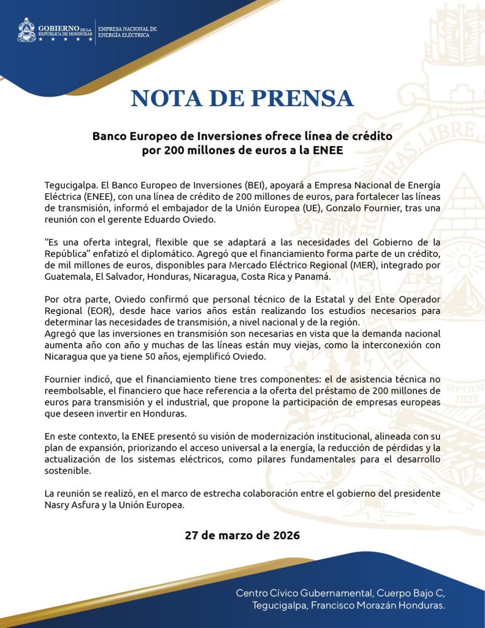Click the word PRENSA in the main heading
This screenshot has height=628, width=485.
[303, 99]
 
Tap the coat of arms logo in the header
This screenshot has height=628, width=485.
[26, 30]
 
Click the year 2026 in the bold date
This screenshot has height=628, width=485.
[282, 535]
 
